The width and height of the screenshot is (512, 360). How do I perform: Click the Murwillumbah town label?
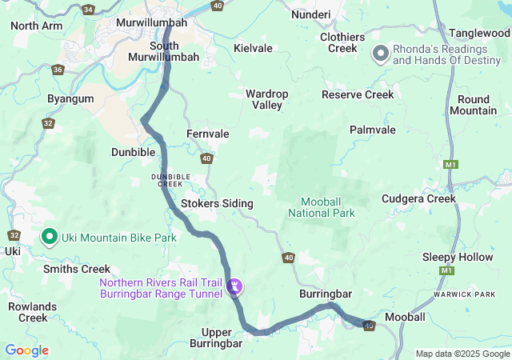click(x=151, y=23)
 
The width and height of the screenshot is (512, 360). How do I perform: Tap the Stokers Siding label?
click(x=217, y=204)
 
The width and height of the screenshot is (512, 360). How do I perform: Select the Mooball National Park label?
click(x=327, y=207)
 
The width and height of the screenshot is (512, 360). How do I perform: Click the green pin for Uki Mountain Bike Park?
click(x=49, y=237)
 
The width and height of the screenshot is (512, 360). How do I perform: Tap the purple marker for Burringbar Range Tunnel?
click(x=234, y=286)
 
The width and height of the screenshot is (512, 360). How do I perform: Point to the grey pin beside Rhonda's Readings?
click(x=381, y=54)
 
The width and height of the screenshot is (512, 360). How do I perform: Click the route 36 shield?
click(x=58, y=70)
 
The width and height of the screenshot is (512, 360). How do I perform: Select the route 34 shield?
click(x=87, y=10)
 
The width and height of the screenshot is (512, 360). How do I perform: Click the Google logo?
click(x=26, y=350)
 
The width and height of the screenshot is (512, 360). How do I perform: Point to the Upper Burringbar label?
click(x=215, y=338)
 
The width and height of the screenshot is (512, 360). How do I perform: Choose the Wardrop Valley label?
click(x=267, y=99)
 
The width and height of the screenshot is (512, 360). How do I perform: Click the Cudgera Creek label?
click(x=418, y=198)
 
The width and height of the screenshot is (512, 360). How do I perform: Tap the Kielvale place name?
click(x=253, y=48)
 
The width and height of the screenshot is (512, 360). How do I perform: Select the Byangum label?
click(x=70, y=98)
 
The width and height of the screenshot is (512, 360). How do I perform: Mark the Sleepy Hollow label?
click(x=458, y=257)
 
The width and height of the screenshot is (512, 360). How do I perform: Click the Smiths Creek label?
click(x=77, y=270)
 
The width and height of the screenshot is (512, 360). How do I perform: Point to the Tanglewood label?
click(x=478, y=33)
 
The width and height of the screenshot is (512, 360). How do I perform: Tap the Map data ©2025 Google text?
click(x=462, y=354)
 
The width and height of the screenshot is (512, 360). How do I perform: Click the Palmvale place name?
click(x=373, y=129)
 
